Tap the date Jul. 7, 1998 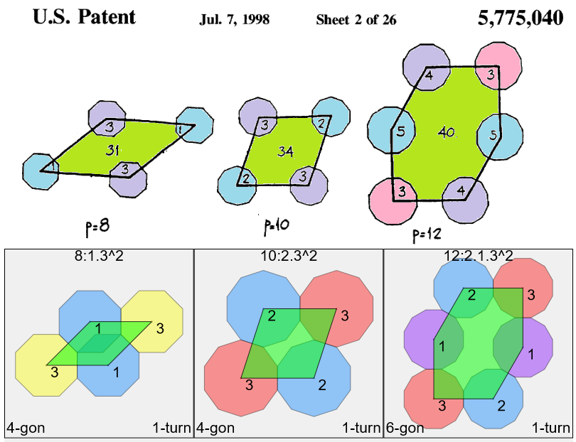click(x=234, y=20)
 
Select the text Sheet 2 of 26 click(x=356, y=20)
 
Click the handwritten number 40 click(x=447, y=133)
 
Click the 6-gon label click(x=405, y=428)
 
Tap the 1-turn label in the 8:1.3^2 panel click(x=171, y=428)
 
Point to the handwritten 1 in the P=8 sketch click(x=179, y=130)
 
